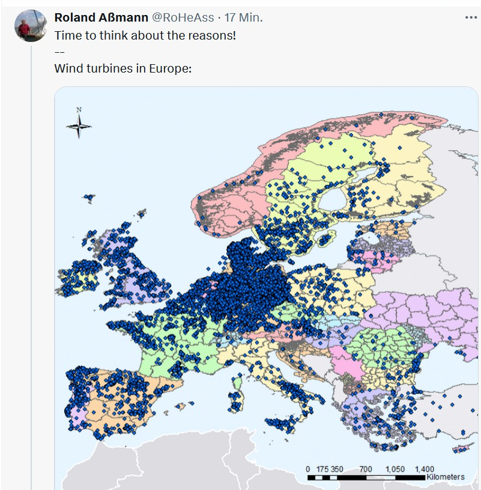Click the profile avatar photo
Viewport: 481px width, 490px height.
(31, 26)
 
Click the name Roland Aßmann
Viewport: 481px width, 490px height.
(101, 18)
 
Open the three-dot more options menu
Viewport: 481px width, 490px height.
(471, 18)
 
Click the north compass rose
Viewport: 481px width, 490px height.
(79, 126)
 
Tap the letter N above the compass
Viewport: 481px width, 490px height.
(79, 110)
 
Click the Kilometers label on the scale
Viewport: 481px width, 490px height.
(445, 477)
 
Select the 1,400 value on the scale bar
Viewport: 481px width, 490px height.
(424, 469)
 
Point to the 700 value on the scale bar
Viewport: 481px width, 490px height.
(366, 469)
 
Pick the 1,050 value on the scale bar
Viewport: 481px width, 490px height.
(395, 469)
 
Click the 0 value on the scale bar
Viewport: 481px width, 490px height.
(308, 469)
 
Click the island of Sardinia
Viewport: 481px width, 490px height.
(235, 400)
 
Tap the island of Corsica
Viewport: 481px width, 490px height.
(239, 378)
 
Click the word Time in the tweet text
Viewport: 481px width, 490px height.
(67, 35)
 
